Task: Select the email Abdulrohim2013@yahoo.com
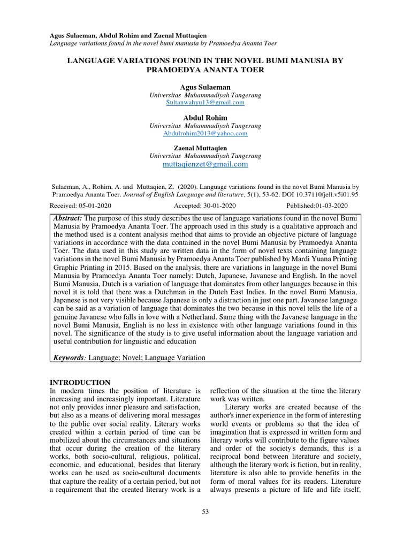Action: click(x=205, y=133)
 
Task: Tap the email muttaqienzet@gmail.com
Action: click(x=205, y=164)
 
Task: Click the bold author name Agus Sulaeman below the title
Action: click(x=205, y=87)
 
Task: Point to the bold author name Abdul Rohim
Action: click(x=205, y=118)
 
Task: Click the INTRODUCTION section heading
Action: click(x=80, y=382)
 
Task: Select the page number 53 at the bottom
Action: click(x=205, y=512)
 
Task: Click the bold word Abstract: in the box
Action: click(x=68, y=218)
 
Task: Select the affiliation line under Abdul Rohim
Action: click(x=205, y=126)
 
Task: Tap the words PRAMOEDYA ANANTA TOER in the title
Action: click(x=205, y=70)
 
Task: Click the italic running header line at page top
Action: click(x=163, y=43)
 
